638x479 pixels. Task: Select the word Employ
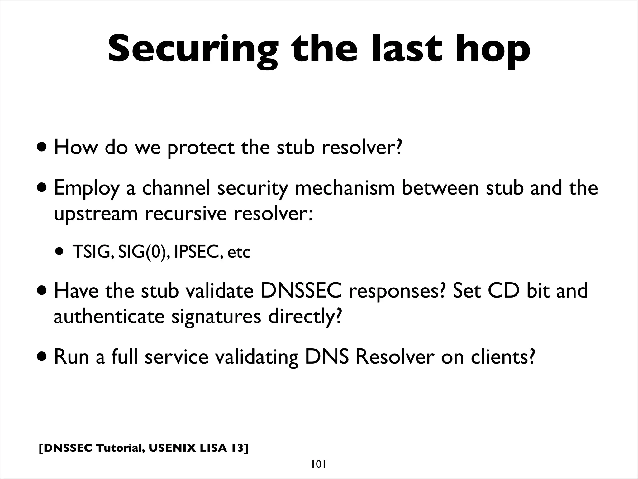pyautogui.click(x=87, y=189)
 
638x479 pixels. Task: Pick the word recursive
pyautogui.click(x=186, y=214)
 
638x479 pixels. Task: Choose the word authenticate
pyautogui.click(x=109, y=317)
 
